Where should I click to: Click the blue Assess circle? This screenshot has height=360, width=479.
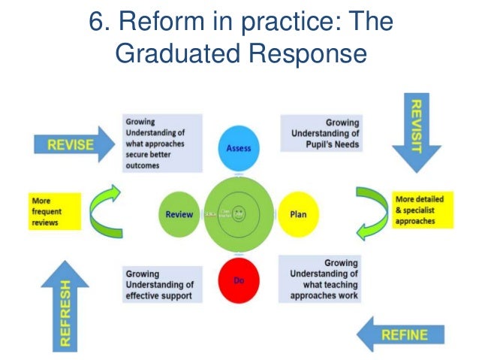coord(239,148)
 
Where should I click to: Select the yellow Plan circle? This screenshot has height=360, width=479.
coord(298,213)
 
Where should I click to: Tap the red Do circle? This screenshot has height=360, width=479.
coord(239,280)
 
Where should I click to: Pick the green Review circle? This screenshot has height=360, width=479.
coord(179,214)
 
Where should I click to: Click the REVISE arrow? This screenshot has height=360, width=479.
coord(68,145)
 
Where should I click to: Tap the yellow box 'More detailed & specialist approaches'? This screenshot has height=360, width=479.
coord(418,211)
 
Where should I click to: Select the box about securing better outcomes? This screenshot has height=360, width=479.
coord(161,142)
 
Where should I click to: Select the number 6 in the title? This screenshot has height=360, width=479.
coord(95,20)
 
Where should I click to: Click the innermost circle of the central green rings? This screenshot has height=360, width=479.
coord(239,213)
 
